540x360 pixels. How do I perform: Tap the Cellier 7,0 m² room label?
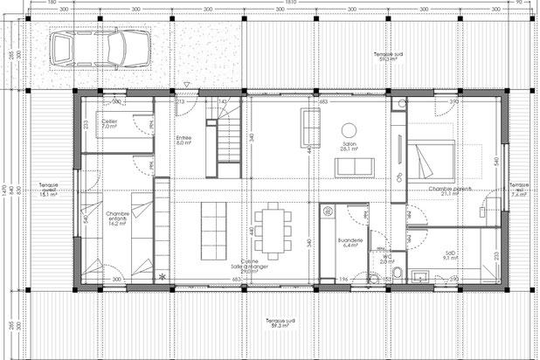[109, 124]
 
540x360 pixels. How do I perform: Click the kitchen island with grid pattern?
[213, 232]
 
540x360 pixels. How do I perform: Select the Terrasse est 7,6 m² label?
[519, 190]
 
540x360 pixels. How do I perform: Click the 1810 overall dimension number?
[288, 3]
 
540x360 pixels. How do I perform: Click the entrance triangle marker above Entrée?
[185, 86]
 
